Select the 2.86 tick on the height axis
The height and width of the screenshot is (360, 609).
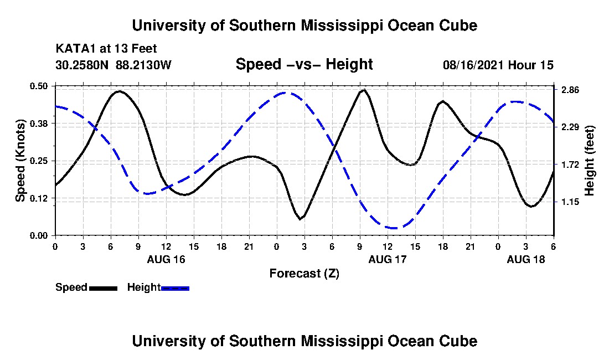pyautogui.click(x=570, y=90)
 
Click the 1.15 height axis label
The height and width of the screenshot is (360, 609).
pyautogui.click(x=570, y=202)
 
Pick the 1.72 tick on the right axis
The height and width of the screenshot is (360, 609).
pyautogui.click(x=570, y=165)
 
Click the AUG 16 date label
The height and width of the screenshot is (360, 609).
pyautogui.click(x=166, y=259)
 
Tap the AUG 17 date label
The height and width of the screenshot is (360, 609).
pyautogui.click(x=388, y=259)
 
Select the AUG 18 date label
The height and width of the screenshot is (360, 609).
pyautogui.click(x=526, y=259)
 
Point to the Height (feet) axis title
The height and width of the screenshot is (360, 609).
pyautogui.click(x=590, y=161)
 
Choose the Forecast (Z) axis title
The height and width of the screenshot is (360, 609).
pyautogui.click(x=304, y=273)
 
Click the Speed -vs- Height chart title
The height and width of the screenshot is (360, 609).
pyautogui.click(x=304, y=64)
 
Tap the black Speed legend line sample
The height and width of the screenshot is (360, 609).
pyautogui.click(x=103, y=288)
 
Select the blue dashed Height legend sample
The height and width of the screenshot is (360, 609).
pyautogui.click(x=175, y=288)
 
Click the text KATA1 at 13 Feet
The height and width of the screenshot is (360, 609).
pyautogui.click(x=102, y=49)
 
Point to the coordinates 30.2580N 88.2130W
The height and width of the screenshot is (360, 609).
pyautogui.click(x=113, y=65)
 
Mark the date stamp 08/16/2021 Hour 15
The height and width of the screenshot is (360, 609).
pyautogui.click(x=498, y=65)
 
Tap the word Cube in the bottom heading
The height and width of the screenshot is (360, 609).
pyautogui.click(x=460, y=341)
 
